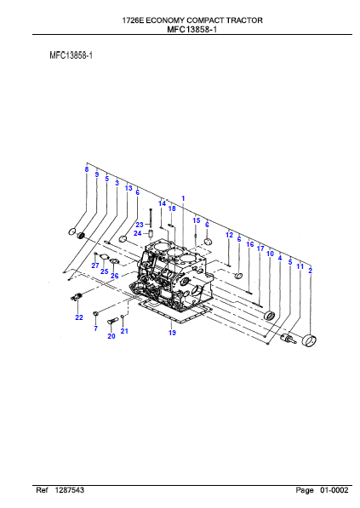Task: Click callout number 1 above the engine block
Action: click(183, 198)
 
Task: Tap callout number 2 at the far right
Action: click(310, 271)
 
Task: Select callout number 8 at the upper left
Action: click(87, 169)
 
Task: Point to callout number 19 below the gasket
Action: click(172, 333)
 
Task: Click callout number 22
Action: click(79, 317)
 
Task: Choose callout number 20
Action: click(111, 336)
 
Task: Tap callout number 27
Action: click(95, 265)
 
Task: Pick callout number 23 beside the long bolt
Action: click(140, 225)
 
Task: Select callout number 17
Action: click(260, 248)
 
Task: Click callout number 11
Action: click(300, 266)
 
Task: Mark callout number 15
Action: click(197, 220)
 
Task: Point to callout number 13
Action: click(129, 188)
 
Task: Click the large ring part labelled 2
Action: click(309, 340)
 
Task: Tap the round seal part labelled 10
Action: click(270, 315)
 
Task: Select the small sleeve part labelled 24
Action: click(151, 233)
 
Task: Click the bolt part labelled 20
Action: click(111, 321)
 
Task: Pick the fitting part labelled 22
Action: click(77, 296)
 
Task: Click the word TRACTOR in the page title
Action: click(244, 20)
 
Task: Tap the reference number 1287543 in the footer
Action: click(69, 490)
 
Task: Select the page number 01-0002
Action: click(334, 490)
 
